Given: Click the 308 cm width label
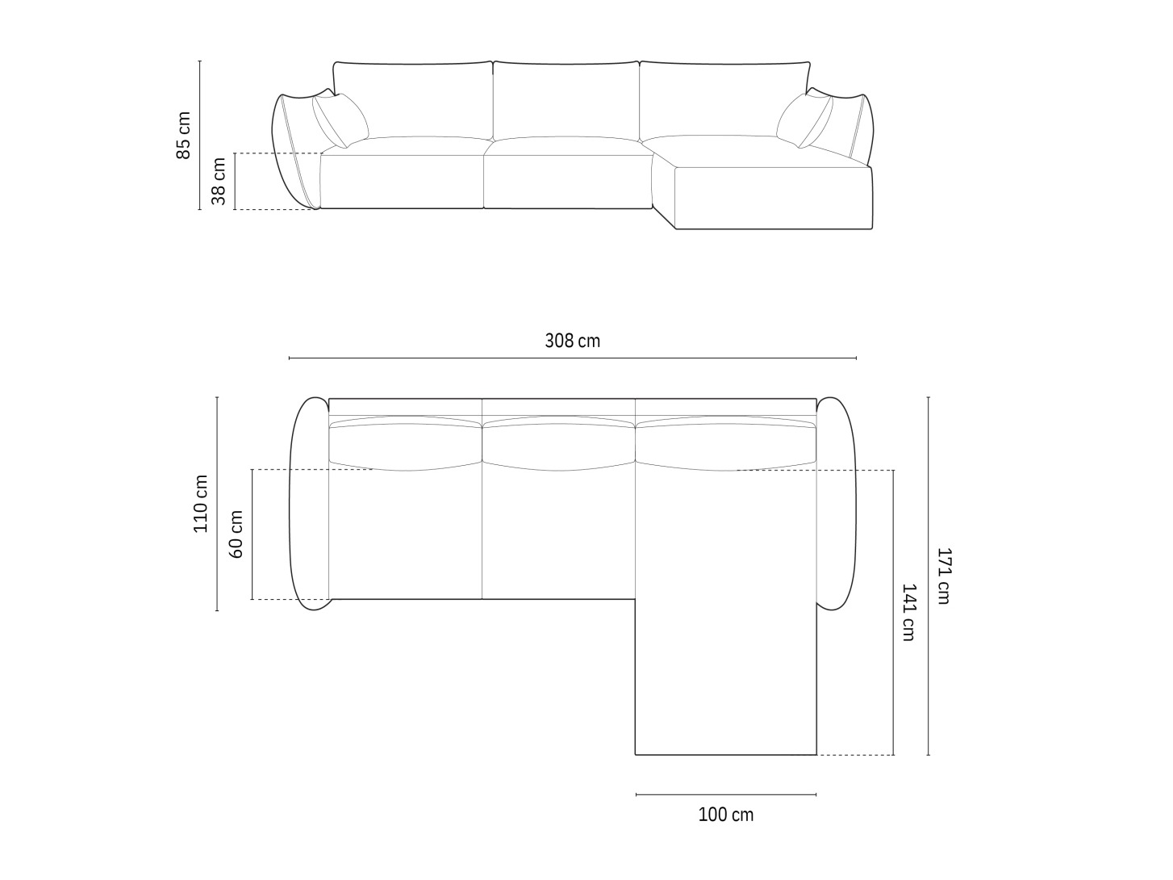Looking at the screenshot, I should (572, 341).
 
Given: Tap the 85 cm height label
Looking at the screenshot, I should (184, 135).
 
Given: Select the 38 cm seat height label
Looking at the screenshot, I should (219, 181).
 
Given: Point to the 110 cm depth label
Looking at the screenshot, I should (201, 503).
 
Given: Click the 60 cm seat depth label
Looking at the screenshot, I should (236, 534).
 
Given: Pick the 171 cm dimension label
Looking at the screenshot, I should (944, 576).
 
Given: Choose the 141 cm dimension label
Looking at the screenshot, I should (908, 612).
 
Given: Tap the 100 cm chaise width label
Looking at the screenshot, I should (725, 815).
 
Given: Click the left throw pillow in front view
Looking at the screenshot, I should (340, 120).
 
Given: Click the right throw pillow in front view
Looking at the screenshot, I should (804, 120).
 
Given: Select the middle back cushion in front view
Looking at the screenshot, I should (566, 99).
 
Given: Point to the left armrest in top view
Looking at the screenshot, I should (309, 504).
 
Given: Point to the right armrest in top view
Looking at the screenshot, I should (836, 504).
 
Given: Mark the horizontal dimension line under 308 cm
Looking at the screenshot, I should (572, 358).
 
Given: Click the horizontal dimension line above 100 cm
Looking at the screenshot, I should (725, 795).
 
